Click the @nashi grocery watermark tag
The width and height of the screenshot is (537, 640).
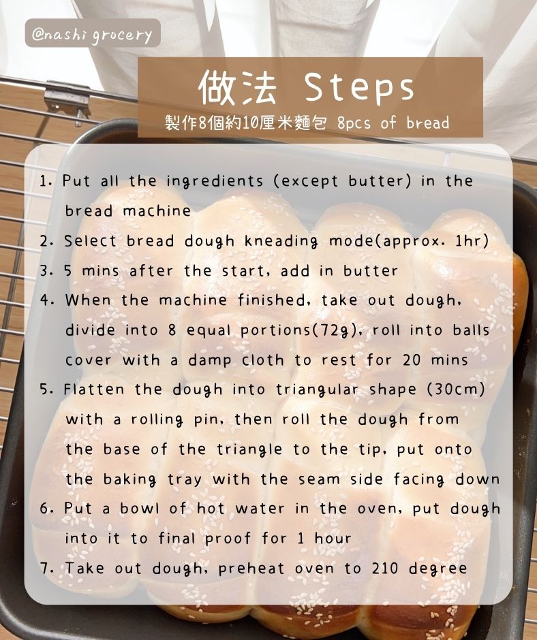(x=93, y=33)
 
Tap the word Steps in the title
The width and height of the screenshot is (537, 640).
(x=359, y=88)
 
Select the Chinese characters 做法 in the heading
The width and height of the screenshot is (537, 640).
(x=238, y=87)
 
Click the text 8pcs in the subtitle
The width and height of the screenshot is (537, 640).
(x=354, y=123)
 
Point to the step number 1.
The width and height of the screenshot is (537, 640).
(x=45, y=181)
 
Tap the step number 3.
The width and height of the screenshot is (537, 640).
(x=46, y=270)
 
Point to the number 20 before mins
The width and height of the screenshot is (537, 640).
(x=412, y=360)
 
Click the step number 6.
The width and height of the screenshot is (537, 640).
(x=46, y=509)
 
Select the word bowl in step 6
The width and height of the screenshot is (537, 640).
(x=139, y=509)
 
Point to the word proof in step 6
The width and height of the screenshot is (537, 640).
(x=228, y=539)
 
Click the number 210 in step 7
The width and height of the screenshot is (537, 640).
(x=384, y=568)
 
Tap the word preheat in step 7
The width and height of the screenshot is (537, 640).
(x=251, y=569)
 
